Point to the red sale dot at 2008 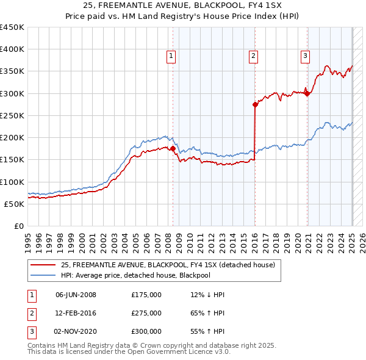[173, 148]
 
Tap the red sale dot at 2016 [255, 104]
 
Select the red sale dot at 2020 [307, 93]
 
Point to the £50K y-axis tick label [14, 204]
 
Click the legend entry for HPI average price [144, 275]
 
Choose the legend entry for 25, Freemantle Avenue [168, 265]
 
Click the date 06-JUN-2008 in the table [76, 295]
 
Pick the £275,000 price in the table [146, 313]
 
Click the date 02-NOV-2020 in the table [76, 331]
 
